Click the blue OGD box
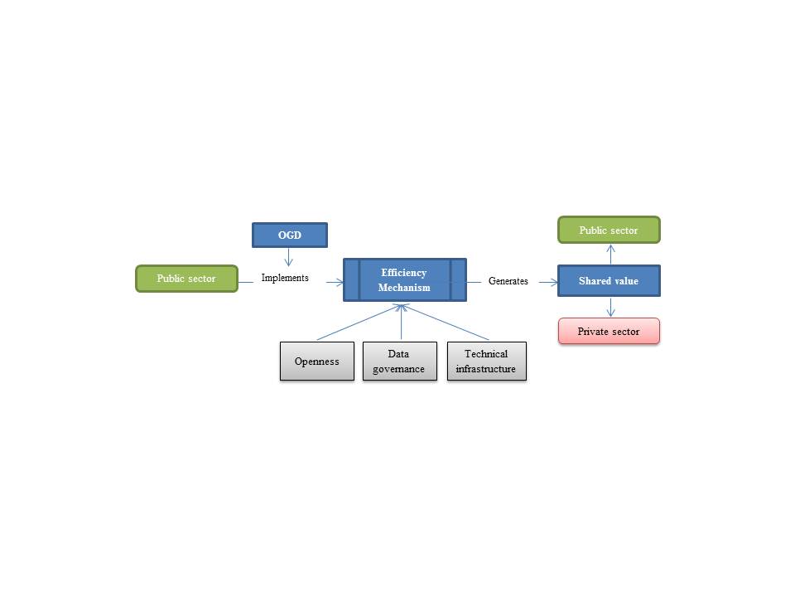click(290, 235)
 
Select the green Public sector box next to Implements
click(186, 279)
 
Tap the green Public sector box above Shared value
click(609, 230)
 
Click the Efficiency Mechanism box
click(405, 279)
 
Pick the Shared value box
click(609, 281)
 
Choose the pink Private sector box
click(609, 331)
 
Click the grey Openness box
click(317, 362)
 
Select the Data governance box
click(398, 362)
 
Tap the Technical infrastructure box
click(486, 362)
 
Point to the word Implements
click(285, 278)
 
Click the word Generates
click(508, 281)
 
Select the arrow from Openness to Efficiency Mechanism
click(356, 323)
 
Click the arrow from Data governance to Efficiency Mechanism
click(402, 322)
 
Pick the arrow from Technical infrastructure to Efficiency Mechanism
click(447, 322)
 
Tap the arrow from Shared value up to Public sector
click(610, 255)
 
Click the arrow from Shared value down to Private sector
click(610, 307)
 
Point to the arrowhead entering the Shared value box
click(553, 282)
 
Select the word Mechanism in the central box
click(404, 288)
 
